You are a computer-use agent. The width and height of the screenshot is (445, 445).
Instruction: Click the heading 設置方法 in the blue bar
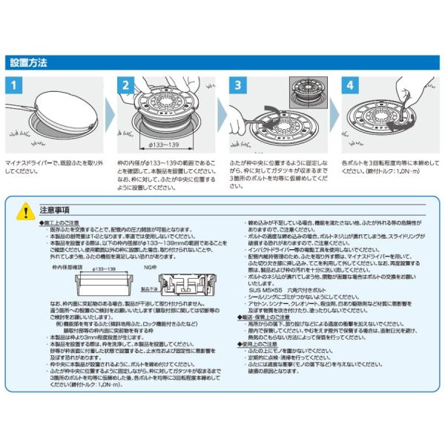28,63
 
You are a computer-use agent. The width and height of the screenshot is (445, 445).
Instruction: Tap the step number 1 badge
14,86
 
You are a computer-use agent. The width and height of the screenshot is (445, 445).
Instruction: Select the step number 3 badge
237,86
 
